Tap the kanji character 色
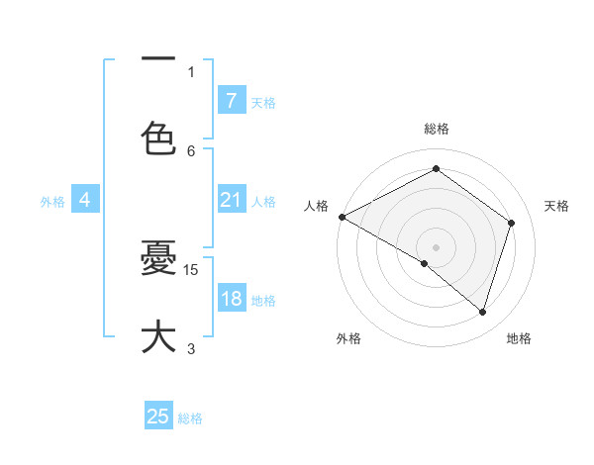point(158,139)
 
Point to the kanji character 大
point(158,336)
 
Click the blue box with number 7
point(231,100)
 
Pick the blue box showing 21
point(231,200)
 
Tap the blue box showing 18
point(231,300)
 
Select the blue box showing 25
point(158,417)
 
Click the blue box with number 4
point(85,200)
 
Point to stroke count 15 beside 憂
point(192,269)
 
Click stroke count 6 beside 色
point(191,150)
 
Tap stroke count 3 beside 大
point(191,348)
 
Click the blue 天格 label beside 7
point(263,102)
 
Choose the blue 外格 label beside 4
point(52,202)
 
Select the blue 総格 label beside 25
point(190,418)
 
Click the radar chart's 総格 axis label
point(436,129)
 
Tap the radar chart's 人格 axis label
point(316,206)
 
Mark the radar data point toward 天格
point(511,223)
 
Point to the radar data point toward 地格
point(482,312)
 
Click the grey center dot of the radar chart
point(436,246)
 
